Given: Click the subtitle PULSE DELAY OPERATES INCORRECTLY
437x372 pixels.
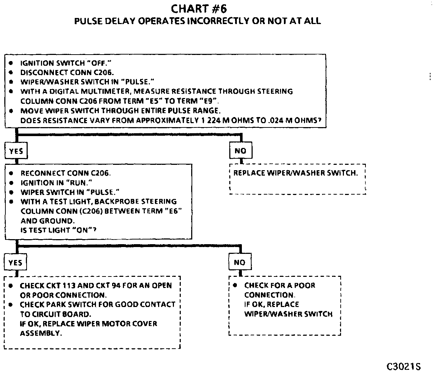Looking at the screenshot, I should pos(197,21).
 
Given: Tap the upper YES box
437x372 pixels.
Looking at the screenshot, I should pos(16,151).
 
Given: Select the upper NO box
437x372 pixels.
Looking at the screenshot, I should pos(240,151).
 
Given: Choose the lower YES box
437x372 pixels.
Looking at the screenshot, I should pos(15,263).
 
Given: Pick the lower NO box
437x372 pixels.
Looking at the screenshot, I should pos(239,262).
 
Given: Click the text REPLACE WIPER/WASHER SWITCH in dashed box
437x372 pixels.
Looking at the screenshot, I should pos(295,173).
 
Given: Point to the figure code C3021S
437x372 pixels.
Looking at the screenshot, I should pos(403,366).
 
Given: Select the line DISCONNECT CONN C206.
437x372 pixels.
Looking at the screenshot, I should pos(67,72).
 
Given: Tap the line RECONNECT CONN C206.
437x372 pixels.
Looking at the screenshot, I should pos(65,173).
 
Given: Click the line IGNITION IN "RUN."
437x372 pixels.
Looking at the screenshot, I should pos(56,182).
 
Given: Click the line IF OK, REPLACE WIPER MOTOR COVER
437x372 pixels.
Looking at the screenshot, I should pos(88,324).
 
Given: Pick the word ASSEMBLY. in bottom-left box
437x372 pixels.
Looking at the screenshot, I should pos(41,333).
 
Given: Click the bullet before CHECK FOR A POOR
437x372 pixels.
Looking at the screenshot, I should pos(235,285).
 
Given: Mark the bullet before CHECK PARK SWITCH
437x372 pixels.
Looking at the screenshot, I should pos(11,304).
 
